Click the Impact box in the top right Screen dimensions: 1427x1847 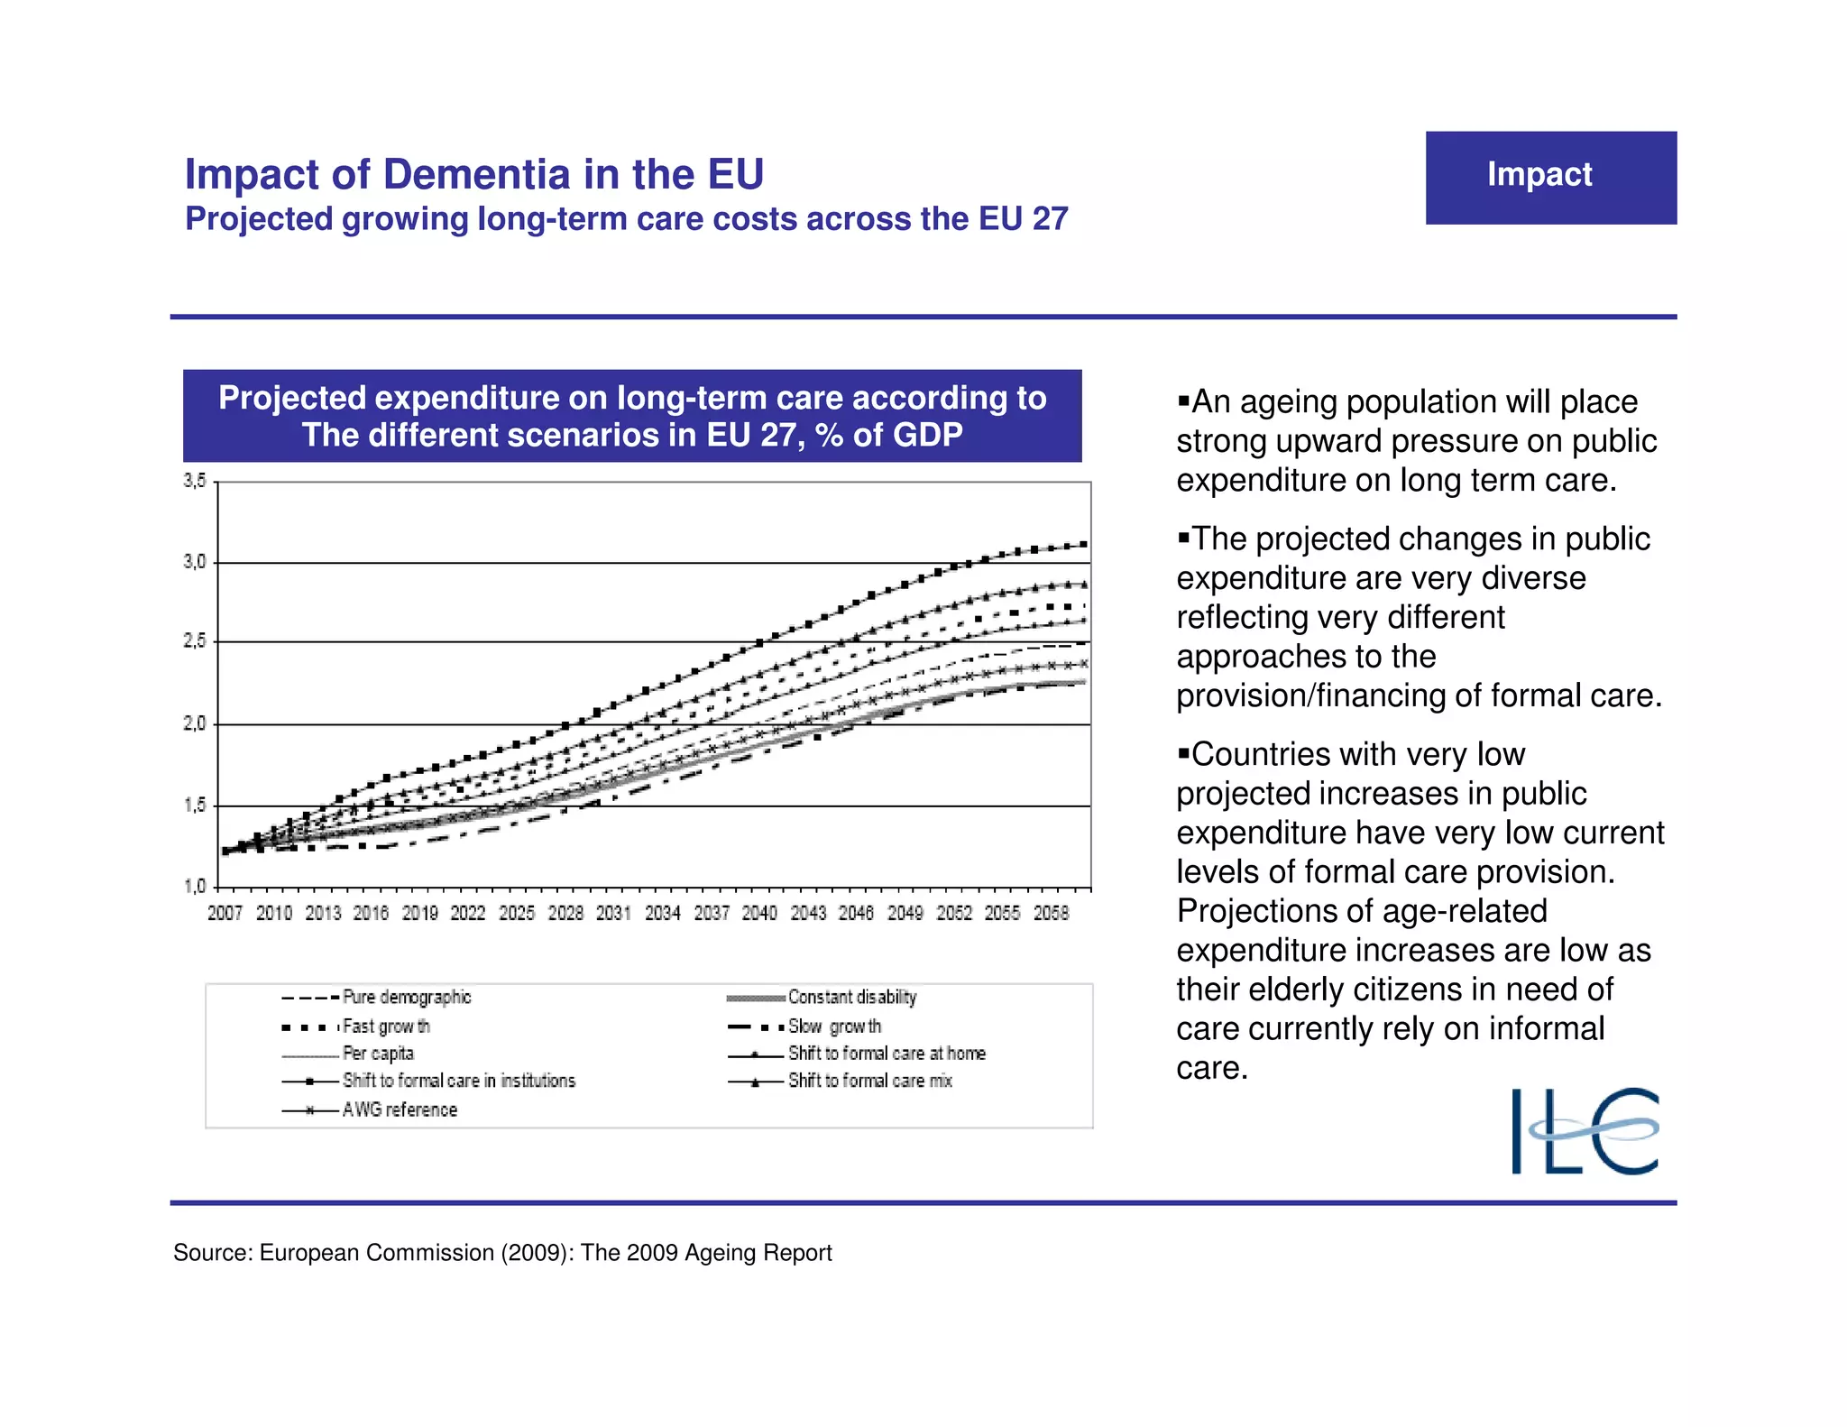[x=1550, y=177]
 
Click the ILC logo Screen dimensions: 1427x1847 [x=1585, y=1131]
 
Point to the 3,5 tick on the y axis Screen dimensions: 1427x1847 [x=195, y=481]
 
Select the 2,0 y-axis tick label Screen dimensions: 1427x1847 [x=195, y=723]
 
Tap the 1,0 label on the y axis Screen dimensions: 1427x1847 [x=195, y=886]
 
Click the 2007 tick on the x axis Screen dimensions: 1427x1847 [x=225, y=913]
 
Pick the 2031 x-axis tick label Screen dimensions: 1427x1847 [x=613, y=913]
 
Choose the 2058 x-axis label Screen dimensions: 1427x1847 [x=1051, y=913]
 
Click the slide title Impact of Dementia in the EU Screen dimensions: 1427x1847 [x=474, y=174]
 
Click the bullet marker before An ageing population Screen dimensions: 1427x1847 [x=1184, y=400]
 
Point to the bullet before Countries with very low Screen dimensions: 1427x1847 [x=1184, y=753]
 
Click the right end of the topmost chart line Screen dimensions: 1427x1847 [x=1083, y=544]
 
